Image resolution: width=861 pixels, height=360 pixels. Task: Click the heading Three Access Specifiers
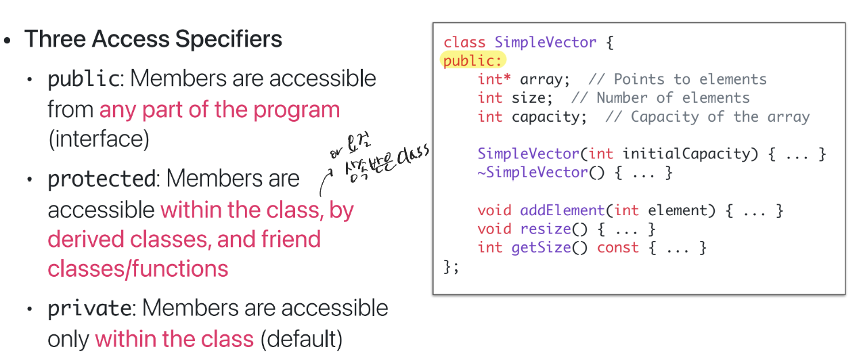click(x=154, y=39)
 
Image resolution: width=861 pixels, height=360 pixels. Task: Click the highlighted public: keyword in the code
click(x=473, y=61)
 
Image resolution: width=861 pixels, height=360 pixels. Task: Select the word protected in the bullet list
click(x=101, y=179)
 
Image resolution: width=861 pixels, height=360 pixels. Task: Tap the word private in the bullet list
click(x=89, y=309)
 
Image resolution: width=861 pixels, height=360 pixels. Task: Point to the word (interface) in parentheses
click(x=99, y=139)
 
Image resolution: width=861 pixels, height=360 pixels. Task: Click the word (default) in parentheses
click(x=302, y=338)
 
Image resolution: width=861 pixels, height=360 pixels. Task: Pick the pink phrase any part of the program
click(x=219, y=110)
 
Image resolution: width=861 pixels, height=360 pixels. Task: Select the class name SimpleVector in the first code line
click(x=546, y=42)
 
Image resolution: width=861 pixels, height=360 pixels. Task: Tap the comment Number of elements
click(x=673, y=98)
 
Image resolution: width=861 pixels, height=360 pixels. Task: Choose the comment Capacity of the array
click(x=708, y=116)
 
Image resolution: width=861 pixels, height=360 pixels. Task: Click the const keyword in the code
click(x=617, y=247)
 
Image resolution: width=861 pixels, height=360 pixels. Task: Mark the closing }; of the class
click(x=451, y=266)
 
